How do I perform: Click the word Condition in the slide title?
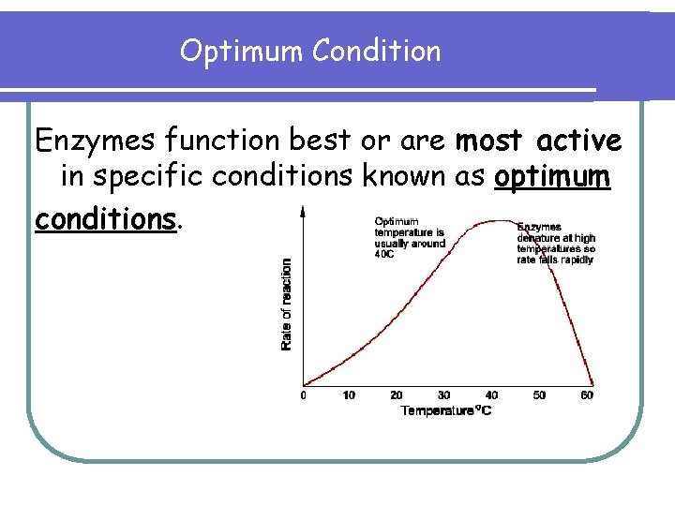click(x=377, y=51)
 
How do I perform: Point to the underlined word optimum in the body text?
click(x=553, y=178)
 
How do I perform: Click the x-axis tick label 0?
click(x=303, y=395)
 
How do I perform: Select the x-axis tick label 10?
click(x=349, y=395)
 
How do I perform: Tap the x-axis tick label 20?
click(x=397, y=395)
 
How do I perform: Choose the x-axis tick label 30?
click(x=443, y=395)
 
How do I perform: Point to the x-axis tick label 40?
click(x=491, y=395)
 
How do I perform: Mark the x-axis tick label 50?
click(x=539, y=395)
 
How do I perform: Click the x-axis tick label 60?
click(x=587, y=395)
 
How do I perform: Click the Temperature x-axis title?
click(x=446, y=410)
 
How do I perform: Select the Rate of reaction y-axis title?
click(x=287, y=305)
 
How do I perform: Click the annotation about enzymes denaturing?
click(x=556, y=243)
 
